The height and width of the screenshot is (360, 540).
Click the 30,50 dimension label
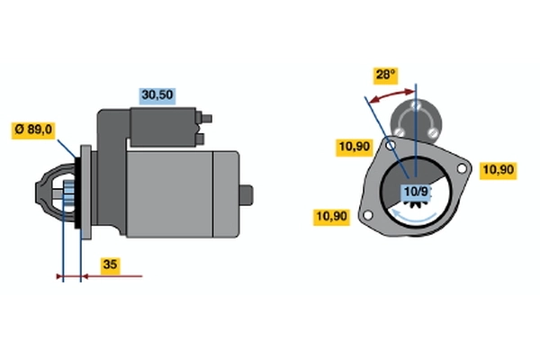click(x=157, y=96)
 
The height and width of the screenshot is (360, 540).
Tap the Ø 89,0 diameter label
click(x=33, y=130)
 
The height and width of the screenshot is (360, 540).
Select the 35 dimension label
click(x=110, y=265)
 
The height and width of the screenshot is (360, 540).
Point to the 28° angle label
click(x=386, y=75)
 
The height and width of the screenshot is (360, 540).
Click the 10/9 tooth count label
click(x=416, y=192)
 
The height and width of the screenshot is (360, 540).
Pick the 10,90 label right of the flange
click(x=498, y=170)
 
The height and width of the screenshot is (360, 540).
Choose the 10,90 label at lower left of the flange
click(x=331, y=218)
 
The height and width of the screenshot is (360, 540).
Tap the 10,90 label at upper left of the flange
click(x=354, y=148)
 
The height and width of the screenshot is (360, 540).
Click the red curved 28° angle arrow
click(x=391, y=95)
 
